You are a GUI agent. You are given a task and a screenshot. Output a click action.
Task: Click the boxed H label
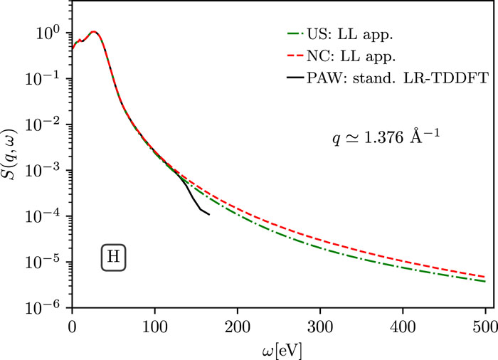tap(112, 258)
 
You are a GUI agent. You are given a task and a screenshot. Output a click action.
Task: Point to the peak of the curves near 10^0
tap(93, 31)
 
